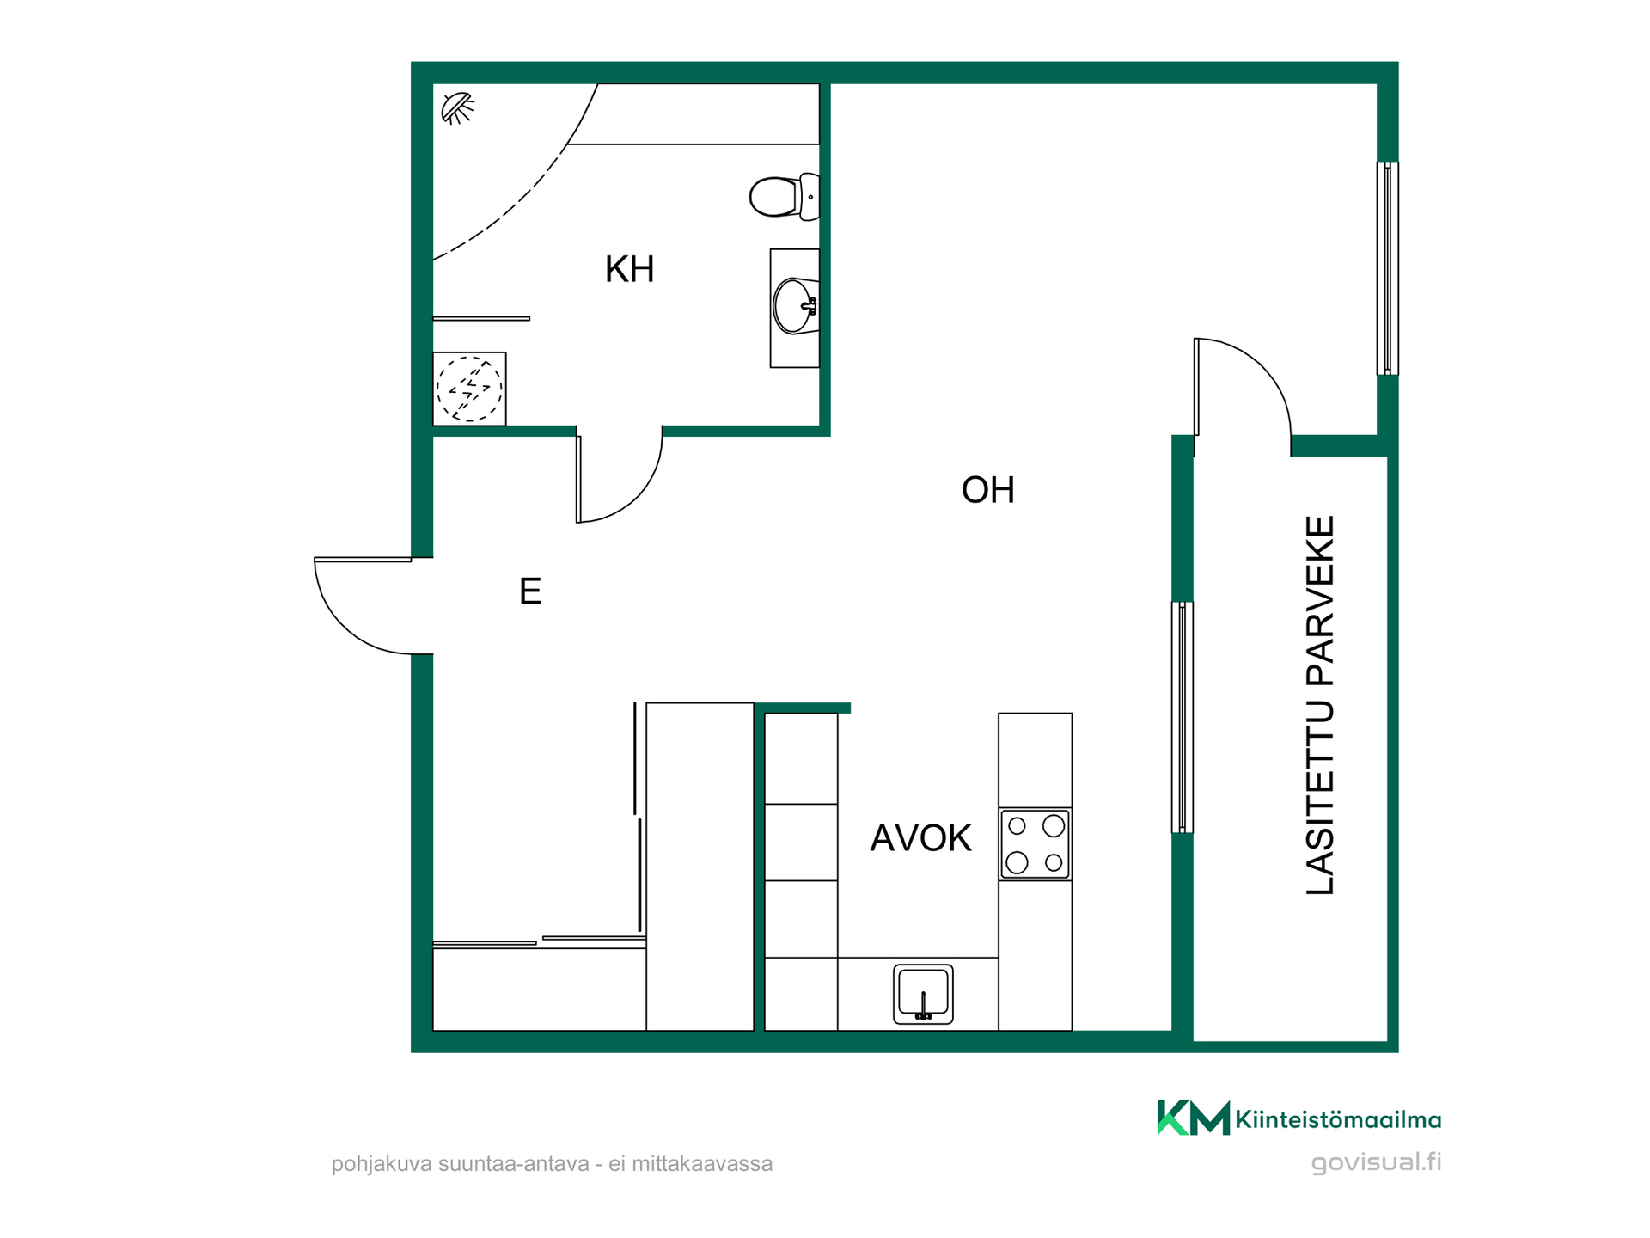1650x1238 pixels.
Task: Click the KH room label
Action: click(x=629, y=269)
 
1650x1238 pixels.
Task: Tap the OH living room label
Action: click(x=988, y=490)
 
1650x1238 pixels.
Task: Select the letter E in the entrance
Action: click(x=530, y=591)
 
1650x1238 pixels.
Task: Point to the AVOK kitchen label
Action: click(x=920, y=838)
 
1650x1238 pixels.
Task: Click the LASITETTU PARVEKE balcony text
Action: click(x=1320, y=705)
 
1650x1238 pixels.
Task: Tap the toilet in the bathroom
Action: click(x=785, y=197)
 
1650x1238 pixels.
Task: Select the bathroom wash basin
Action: click(x=796, y=306)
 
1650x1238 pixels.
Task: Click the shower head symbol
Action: click(x=457, y=108)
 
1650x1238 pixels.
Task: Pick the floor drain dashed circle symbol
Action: click(x=469, y=389)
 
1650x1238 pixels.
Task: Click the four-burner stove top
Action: click(x=1035, y=844)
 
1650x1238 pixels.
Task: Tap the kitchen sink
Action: click(x=923, y=994)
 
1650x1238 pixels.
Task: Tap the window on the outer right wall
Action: click(x=1387, y=268)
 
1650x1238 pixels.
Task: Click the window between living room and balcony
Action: click(x=1182, y=717)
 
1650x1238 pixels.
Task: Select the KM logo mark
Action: click(x=1194, y=1118)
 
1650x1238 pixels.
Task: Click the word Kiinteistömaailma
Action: click(x=1338, y=1119)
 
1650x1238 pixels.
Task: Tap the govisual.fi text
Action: click(x=1376, y=1162)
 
